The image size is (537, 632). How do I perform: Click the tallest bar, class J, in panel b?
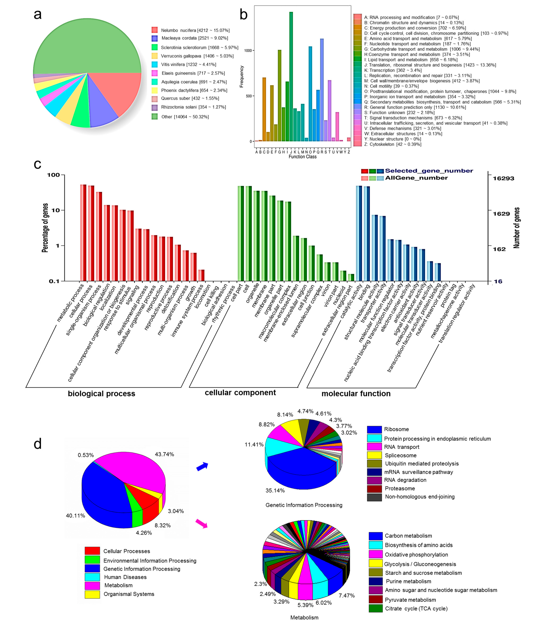(x=291, y=76)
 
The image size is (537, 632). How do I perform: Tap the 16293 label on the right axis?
(x=503, y=179)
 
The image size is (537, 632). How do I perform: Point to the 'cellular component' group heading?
(x=240, y=393)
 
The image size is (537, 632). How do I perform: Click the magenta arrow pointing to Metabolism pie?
(x=201, y=523)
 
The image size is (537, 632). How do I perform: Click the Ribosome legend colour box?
(x=374, y=429)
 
